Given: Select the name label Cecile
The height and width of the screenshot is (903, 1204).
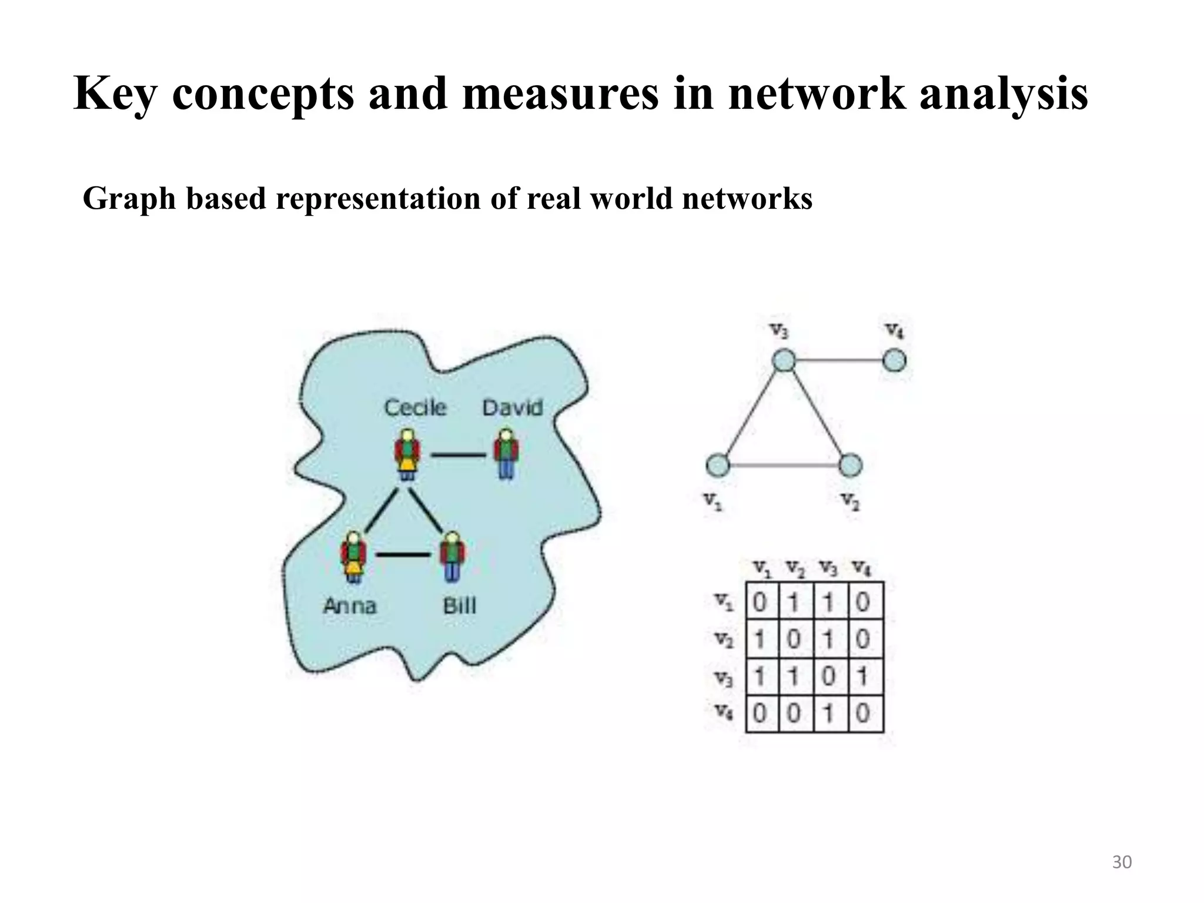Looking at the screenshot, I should point(415,407).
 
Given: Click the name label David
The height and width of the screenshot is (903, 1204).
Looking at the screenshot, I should point(512,407).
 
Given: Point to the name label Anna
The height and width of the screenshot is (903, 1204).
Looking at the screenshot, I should point(350,606).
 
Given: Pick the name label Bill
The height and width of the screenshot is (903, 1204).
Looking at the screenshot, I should point(459,606).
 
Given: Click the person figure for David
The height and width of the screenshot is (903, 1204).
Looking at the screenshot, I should point(506,453).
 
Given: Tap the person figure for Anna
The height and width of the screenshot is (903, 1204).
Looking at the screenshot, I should point(353,556).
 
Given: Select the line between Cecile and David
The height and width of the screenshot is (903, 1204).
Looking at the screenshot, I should point(458,454).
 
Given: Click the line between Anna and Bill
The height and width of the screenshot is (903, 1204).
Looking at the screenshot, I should point(403,554).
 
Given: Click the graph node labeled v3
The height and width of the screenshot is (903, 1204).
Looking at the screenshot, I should point(784,360).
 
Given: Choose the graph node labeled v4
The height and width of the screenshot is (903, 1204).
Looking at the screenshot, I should point(894,360).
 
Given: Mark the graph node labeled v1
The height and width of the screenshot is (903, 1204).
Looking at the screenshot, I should point(717,466).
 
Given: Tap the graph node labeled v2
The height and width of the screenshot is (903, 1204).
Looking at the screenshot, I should point(850,466).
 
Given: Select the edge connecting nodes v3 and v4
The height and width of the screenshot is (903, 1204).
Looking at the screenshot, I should point(839,360).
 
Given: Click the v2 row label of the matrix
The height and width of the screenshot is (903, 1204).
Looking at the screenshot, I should point(724,639).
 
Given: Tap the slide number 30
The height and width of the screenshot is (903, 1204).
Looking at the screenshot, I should point(1122,862).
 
